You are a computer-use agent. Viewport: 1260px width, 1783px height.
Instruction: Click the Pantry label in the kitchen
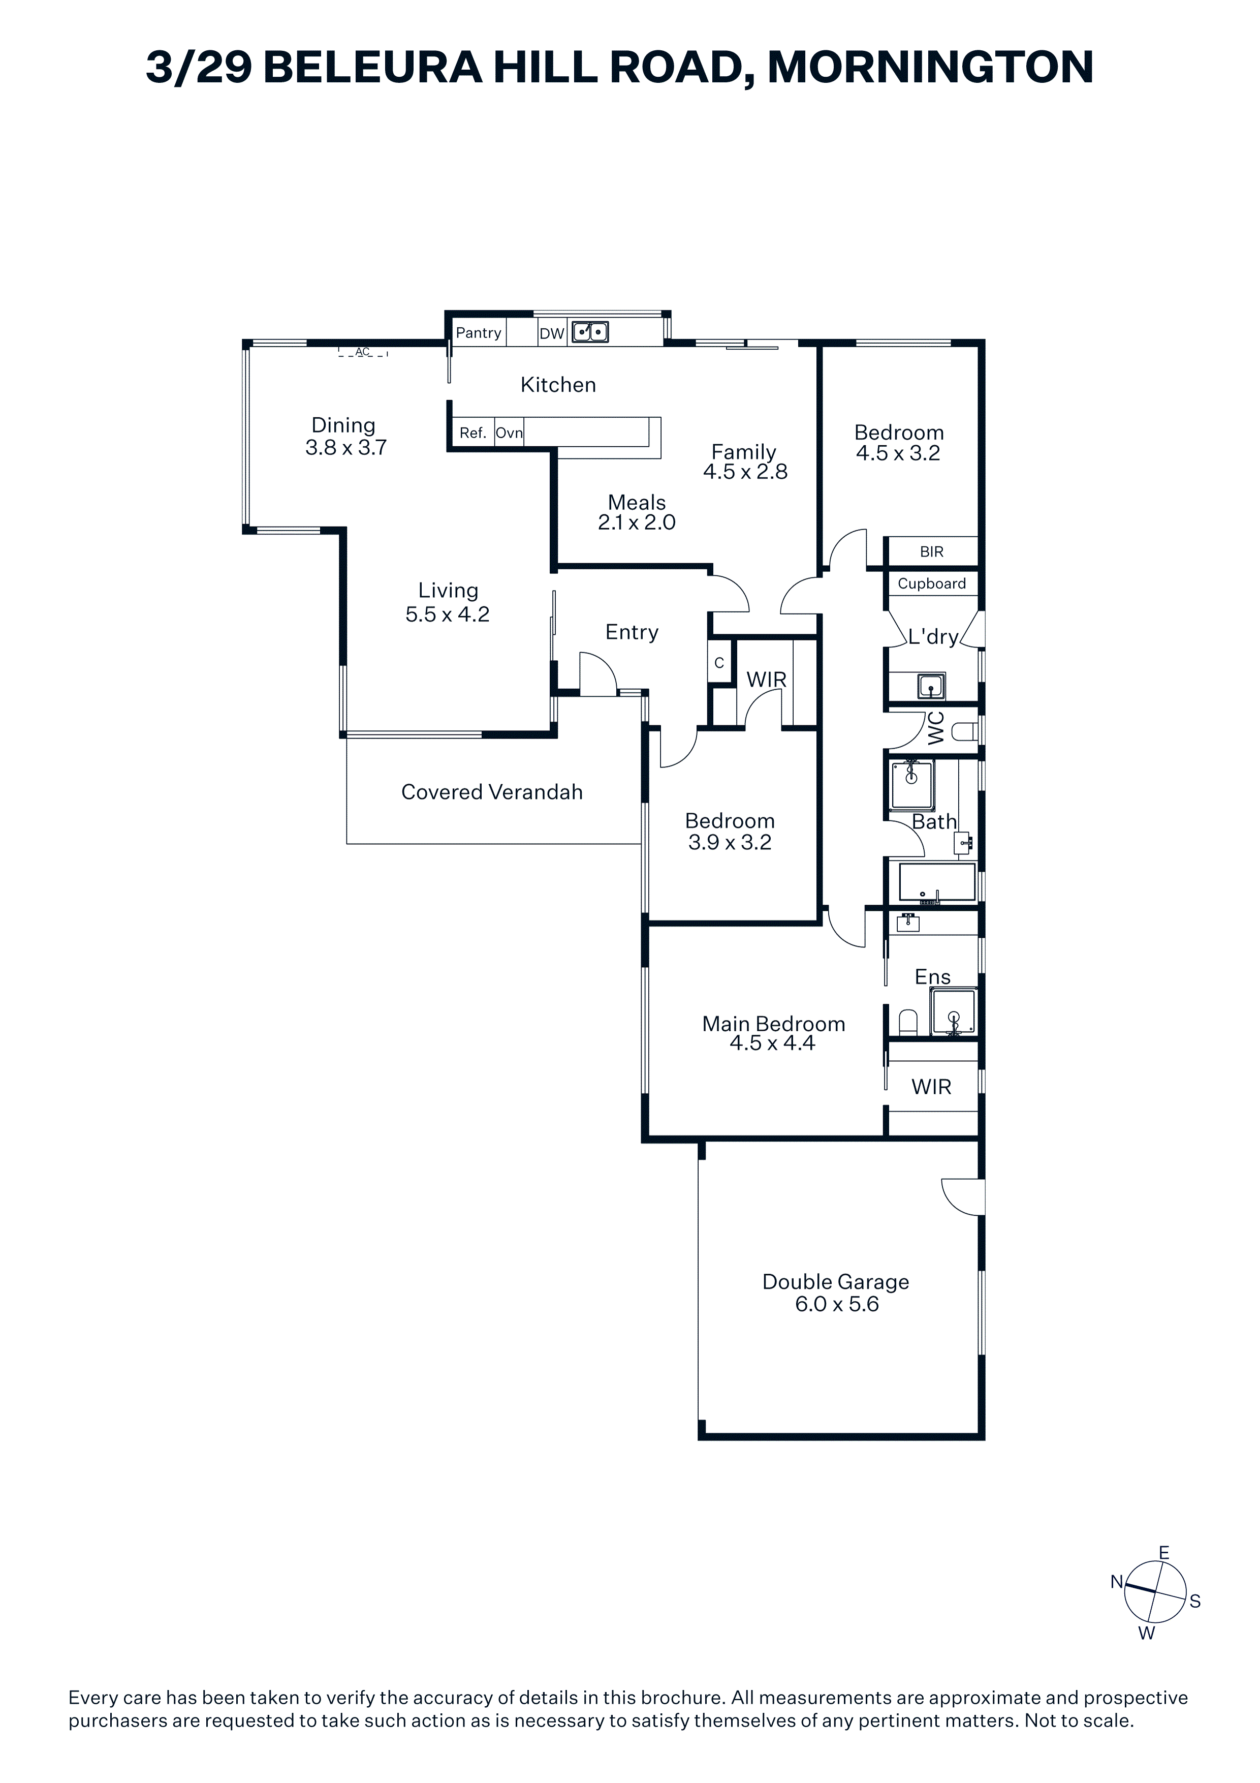tap(478, 333)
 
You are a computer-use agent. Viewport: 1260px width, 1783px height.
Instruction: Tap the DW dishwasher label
tap(551, 334)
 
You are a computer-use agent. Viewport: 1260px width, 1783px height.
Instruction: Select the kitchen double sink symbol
tap(590, 332)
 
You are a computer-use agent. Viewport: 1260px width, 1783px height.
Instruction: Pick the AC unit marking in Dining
tap(363, 352)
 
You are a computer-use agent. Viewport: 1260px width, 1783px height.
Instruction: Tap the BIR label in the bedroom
tap(932, 551)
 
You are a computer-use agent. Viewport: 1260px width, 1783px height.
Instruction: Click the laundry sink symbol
tap(931, 687)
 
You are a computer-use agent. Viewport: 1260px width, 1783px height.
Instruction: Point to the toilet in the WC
tap(963, 731)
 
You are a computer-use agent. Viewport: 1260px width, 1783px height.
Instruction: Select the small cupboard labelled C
tap(719, 662)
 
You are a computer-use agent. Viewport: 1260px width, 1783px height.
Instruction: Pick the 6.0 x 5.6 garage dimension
tap(837, 1304)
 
